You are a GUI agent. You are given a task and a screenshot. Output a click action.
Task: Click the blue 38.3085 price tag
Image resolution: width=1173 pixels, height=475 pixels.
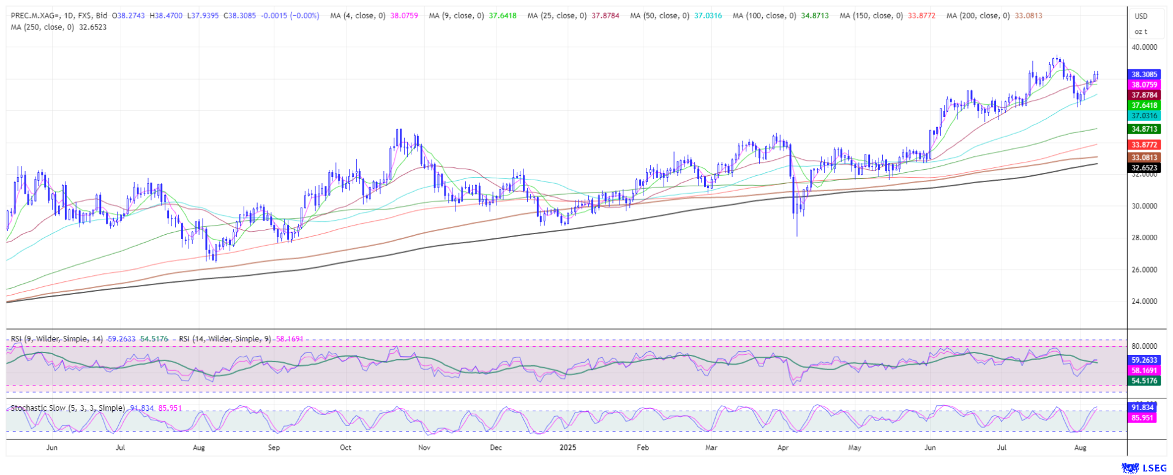(1144, 74)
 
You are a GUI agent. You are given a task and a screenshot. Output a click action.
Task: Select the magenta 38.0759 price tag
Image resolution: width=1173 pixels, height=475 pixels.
(1144, 85)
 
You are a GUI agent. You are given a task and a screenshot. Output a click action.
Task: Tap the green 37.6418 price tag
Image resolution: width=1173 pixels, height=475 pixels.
(1144, 105)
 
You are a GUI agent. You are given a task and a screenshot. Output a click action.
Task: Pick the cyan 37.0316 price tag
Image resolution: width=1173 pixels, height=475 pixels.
(1144, 116)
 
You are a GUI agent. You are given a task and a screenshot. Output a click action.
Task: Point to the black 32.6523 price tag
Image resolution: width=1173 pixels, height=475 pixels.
(1144, 167)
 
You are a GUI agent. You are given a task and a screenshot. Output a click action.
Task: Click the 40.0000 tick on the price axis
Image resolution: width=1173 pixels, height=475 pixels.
(1144, 47)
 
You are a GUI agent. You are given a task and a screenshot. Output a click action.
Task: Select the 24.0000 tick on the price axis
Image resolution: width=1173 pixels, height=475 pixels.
(1144, 301)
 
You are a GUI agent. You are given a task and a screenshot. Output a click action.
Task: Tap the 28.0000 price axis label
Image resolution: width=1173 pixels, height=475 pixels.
(1144, 238)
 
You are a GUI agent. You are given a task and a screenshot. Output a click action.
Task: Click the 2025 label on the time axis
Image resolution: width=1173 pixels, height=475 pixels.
(568, 447)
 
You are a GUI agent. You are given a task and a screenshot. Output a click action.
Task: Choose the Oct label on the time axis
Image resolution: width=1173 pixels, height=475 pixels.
(346, 447)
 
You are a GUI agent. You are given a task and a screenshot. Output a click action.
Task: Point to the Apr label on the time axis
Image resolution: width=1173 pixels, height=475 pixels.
(783, 447)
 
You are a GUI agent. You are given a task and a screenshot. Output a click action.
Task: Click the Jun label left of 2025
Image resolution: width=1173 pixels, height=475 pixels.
(52, 447)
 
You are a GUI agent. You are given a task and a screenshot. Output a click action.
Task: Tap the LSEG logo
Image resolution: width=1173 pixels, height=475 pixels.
(1144, 468)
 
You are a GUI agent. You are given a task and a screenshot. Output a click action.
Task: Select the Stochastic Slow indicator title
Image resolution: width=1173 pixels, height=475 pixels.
(67, 408)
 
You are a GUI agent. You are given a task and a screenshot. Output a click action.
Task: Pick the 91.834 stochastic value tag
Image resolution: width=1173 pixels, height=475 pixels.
(1142, 408)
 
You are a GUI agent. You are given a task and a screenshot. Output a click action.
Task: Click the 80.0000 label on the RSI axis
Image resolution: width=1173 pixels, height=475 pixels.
(1144, 346)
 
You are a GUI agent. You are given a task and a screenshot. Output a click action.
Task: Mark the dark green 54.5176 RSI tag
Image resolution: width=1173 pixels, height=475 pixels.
(1144, 381)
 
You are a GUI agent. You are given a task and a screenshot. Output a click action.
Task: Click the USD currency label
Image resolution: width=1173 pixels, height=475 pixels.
(1141, 17)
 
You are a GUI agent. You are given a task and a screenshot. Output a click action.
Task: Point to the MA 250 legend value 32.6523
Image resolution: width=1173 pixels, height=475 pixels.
(92, 27)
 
